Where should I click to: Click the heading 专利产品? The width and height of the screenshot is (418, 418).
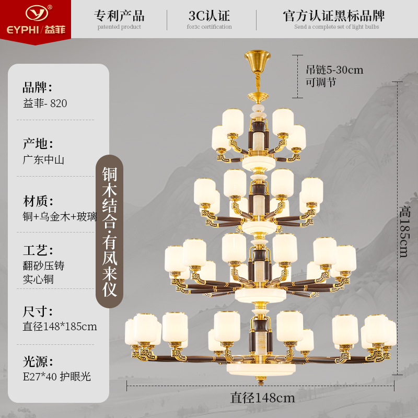120,15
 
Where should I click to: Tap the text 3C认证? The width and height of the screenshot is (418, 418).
209,15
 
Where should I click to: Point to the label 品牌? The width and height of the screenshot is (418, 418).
38,87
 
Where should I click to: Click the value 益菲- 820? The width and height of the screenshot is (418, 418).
45,103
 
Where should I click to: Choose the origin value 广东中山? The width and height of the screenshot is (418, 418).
43,160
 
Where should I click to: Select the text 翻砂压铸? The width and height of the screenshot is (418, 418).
43,265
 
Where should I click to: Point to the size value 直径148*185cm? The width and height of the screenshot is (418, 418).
60,327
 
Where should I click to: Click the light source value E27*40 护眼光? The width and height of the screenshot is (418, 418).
56,376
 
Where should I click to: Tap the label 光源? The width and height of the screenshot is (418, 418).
38,361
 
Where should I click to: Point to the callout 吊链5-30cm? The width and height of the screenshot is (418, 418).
334,69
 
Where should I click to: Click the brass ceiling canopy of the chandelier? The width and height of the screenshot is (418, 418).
258,57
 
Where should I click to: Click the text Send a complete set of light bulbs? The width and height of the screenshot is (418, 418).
336,27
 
